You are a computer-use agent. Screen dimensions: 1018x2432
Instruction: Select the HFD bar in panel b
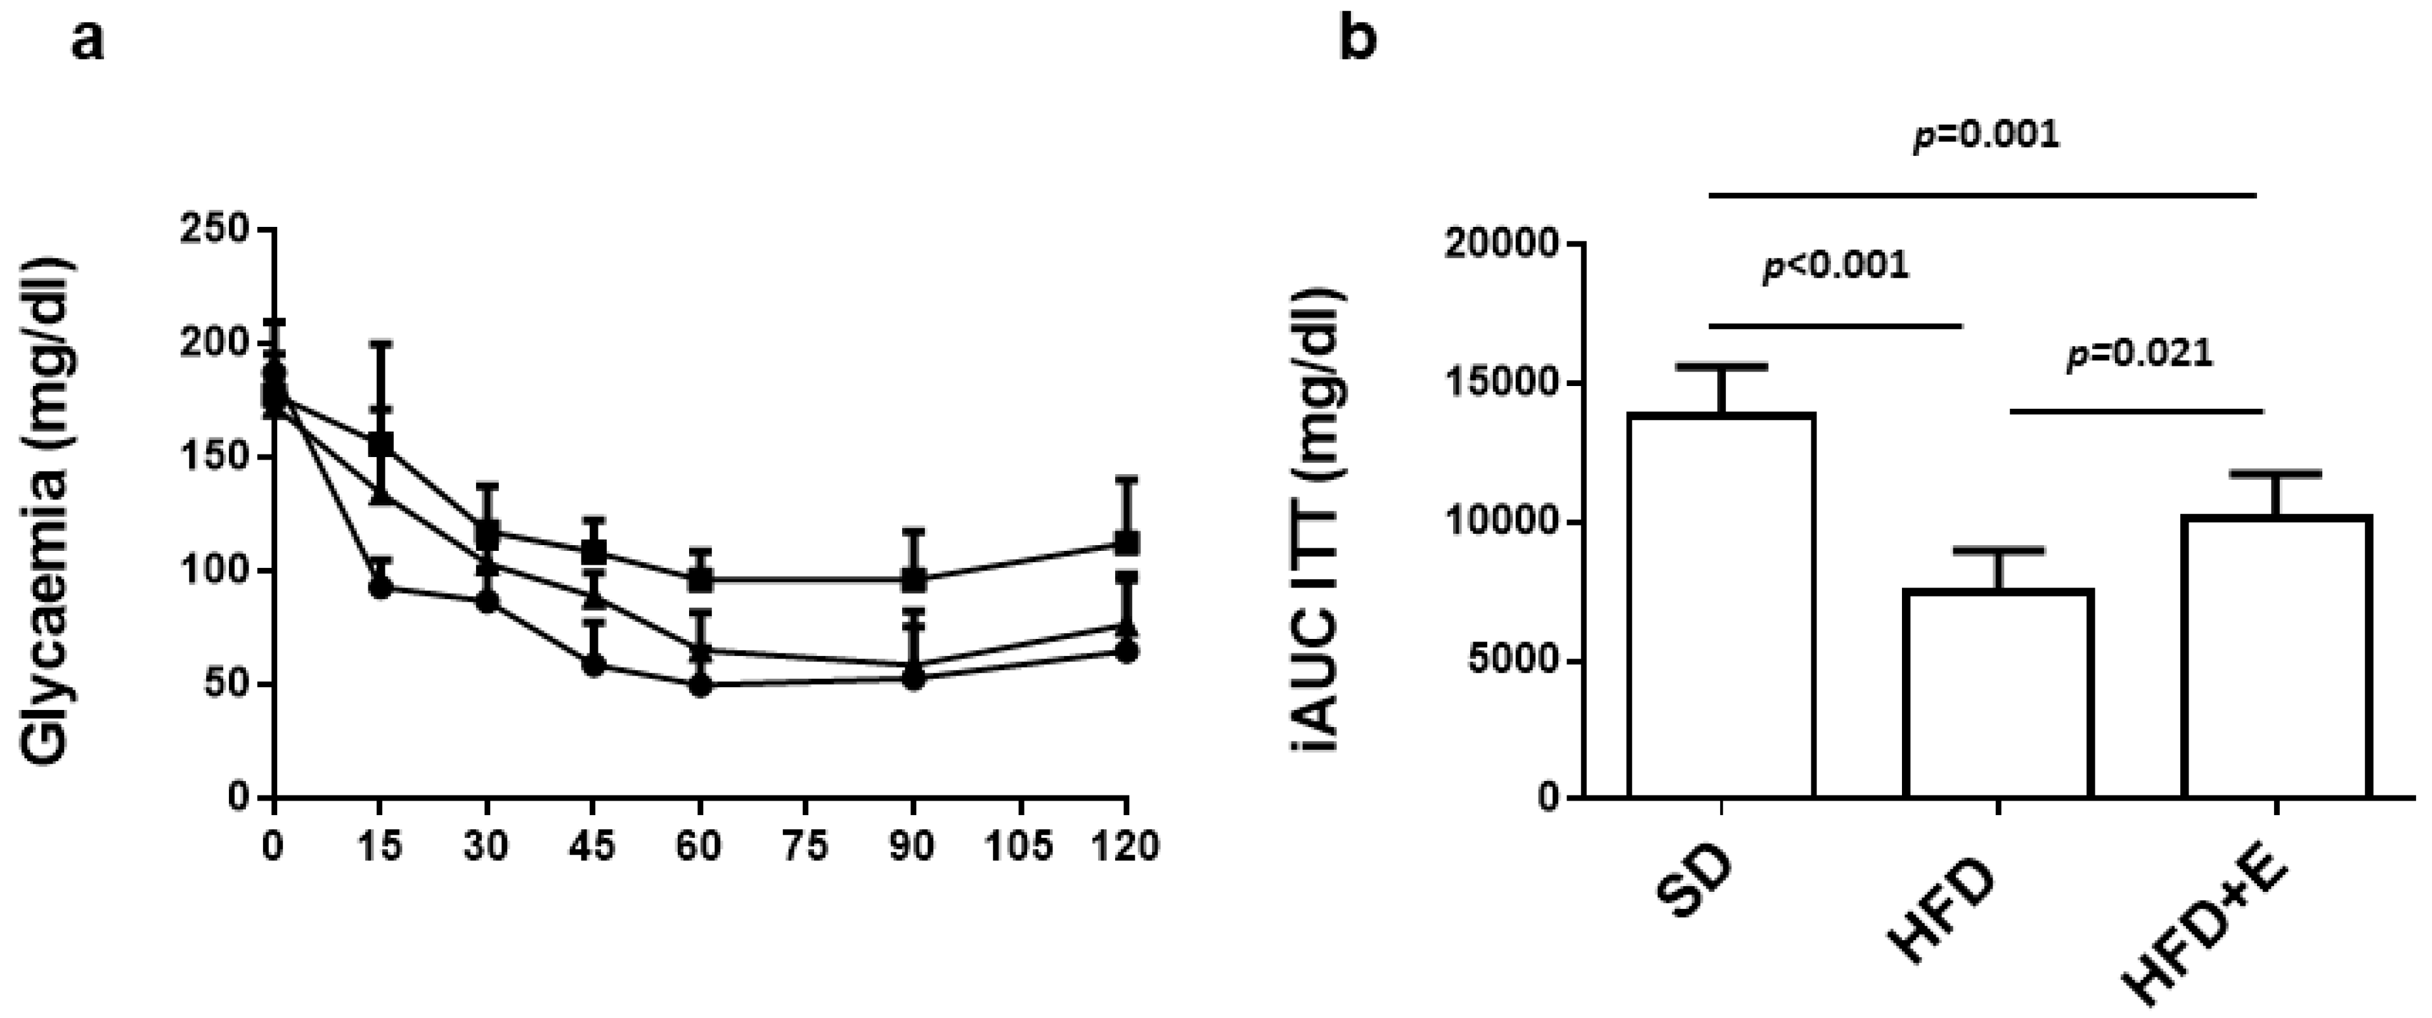click(1998, 694)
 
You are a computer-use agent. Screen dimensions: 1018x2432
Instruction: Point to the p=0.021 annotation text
click(2139, 355)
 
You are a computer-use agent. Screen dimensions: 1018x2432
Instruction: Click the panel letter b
click(1359, 42)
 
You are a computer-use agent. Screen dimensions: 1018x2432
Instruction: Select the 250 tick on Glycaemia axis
click(218, 229)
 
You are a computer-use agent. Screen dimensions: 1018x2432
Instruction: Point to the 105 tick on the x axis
click(1019, 846)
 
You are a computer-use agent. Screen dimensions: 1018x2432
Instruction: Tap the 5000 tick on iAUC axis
click(1511, 660)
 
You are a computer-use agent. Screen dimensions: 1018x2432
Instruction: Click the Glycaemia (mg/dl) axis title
click(47, 510)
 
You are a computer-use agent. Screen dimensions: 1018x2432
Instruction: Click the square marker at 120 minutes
click(1127, 543)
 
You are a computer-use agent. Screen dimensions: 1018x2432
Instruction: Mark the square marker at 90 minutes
click(914, 579)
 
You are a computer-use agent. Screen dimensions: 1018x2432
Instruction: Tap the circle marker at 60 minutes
click(699, 686)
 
